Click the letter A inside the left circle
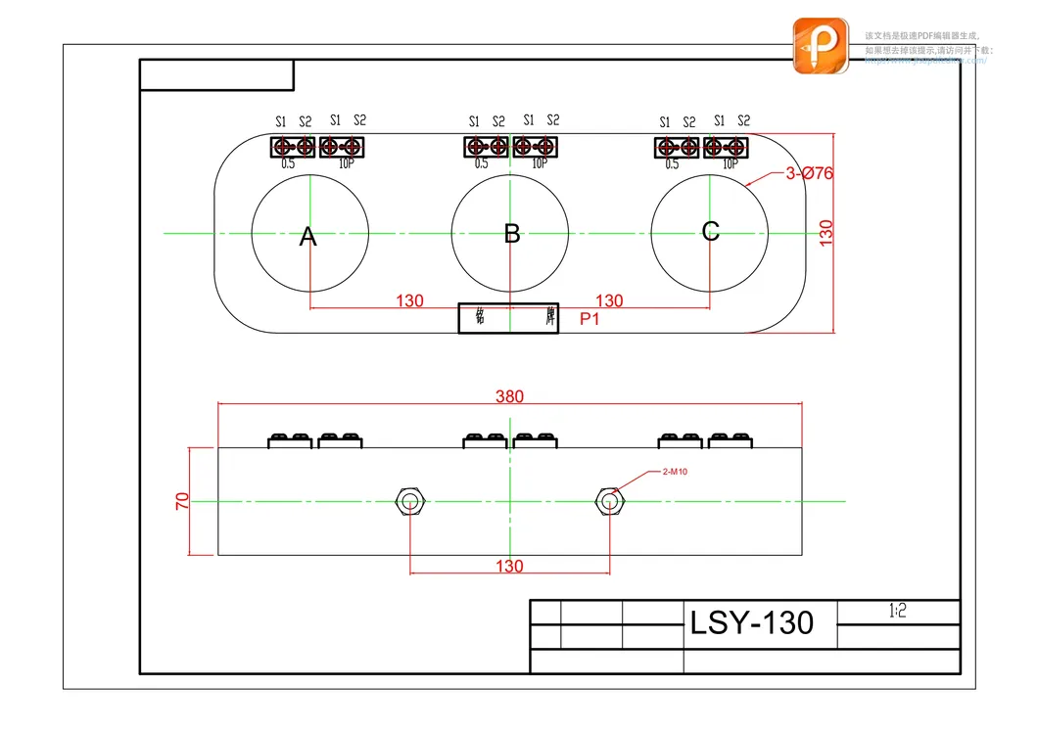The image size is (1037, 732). click(x=308, y=236)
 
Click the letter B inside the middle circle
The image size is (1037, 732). click(x=512, y=234)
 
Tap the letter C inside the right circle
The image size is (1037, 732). click(x=711, y=231)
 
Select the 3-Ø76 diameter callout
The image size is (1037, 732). click(x=809, y=173)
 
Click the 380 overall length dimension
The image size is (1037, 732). click(x=509, y=396)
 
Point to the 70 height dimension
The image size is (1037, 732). click(x=181, y=501)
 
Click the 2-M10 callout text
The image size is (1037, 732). click(x=674, y=472)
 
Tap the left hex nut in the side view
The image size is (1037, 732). click(x=409, y=501)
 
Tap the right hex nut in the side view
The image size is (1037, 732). click(x=609, y=501)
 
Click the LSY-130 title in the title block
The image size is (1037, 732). click(x=751, y=623)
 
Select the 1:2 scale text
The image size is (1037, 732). click(x=897, y=612)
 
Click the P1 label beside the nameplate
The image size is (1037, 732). click(x=589, y=319)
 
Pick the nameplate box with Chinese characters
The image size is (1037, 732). click(x=508, y=318)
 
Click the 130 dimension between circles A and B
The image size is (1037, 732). click(x=409, y=300)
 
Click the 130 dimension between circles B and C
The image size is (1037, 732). click(x=609, y=300)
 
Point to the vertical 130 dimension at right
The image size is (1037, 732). click(x=826, y=232)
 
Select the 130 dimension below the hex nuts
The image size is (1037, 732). click(x=509, y=566)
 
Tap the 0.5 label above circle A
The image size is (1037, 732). click(x=288, y=164)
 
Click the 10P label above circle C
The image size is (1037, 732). click(x=730, y=164)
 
